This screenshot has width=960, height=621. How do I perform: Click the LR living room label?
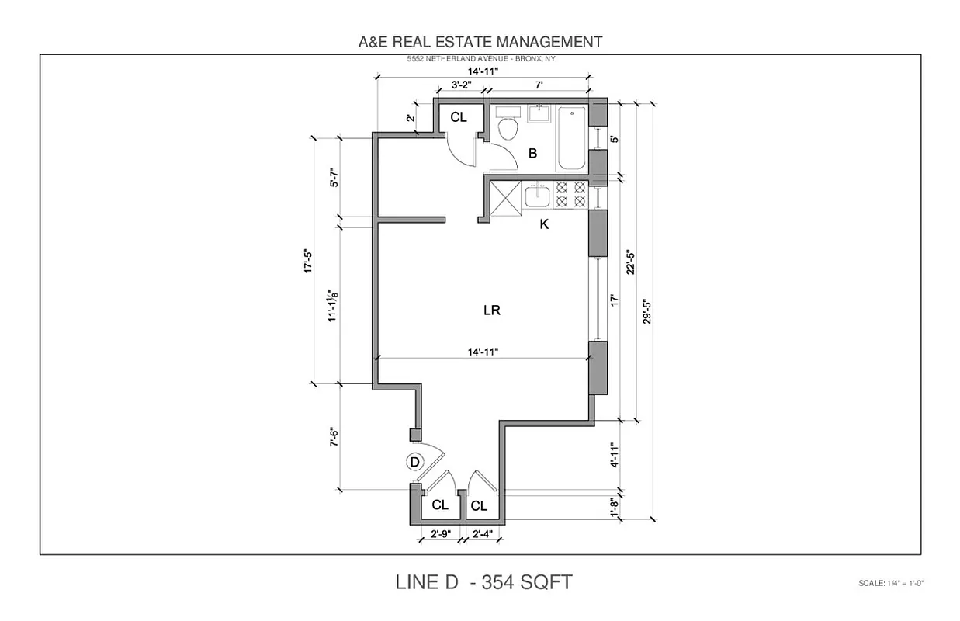pos(491,310)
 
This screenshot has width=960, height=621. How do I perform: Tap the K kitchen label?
pos(544,225)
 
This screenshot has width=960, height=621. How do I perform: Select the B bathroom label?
pos(533,154)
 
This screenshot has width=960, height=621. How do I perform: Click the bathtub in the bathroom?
pos(572,138)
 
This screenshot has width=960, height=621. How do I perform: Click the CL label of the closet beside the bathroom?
pos(459,117)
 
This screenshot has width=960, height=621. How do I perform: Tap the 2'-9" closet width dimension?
pos(441,533)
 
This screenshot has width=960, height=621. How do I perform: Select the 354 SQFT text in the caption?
pos(529,581)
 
